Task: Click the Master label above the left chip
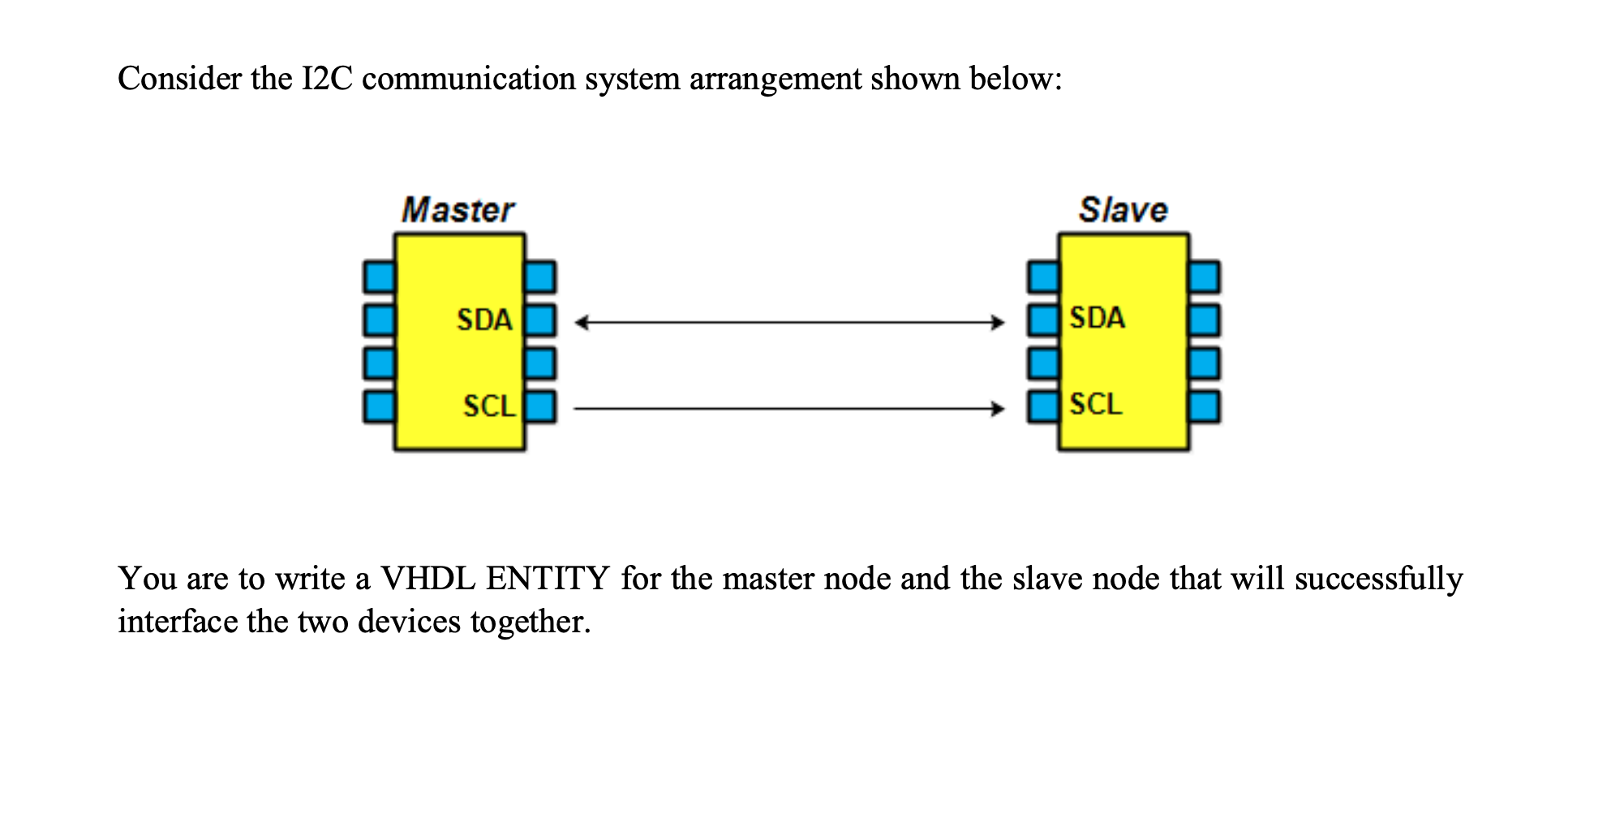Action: click(458, 210)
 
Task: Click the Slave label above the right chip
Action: click(1123, 210)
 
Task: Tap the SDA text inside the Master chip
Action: click(484, 320)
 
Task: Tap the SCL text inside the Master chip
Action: click(489, 406)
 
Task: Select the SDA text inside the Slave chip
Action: click(1098, 317)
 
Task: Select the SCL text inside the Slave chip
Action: click(1096, 404)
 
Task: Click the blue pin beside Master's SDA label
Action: click(541, 321)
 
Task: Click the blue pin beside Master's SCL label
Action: click(541, 407)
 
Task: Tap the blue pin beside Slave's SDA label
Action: click(1042, 320)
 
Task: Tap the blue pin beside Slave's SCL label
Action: click(1042, 407)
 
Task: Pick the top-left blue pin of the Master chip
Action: click(378, 278)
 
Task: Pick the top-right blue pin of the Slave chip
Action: click(1205, 278)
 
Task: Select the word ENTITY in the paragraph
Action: click(548, 579)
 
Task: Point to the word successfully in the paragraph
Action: click(1378, 580)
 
